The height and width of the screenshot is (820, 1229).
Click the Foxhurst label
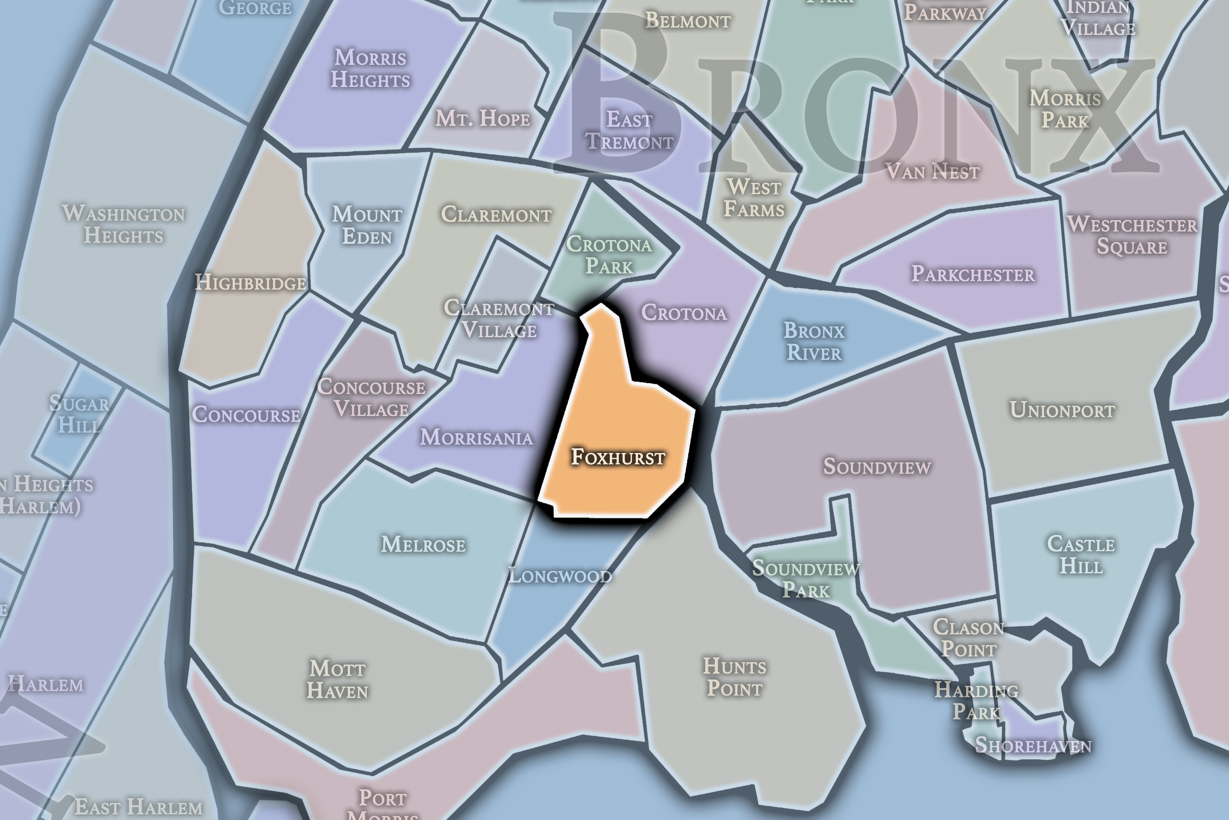coord(617,457)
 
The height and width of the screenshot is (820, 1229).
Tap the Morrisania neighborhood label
coord(476,437)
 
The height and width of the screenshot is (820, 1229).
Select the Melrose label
coord(423,545)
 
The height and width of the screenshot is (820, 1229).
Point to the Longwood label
coord(559,576)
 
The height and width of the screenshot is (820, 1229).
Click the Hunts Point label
coord(734,677)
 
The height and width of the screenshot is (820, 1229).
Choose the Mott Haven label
coord(338,679)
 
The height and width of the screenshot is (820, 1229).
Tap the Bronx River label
coord(814,341)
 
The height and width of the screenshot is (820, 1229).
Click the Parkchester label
coord(972,274)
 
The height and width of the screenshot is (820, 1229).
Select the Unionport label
coord(1062,410)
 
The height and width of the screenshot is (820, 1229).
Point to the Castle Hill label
coord(1081,555)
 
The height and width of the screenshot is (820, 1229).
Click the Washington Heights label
coord(123,225)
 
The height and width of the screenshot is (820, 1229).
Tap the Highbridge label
coord(250,283)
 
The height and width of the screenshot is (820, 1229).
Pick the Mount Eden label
coord(367,225)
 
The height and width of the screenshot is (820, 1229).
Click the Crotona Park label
coord(609,255)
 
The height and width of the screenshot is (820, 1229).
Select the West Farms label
coord(754,198)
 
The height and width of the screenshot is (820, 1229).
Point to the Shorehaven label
coord(1032,745)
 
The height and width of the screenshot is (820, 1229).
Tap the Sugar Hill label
coord(80,414)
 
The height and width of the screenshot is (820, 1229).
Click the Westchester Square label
coord(1132,235)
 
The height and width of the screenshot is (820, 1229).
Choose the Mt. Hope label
coord(482,119)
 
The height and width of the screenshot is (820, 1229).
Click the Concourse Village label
coord(371,398)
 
